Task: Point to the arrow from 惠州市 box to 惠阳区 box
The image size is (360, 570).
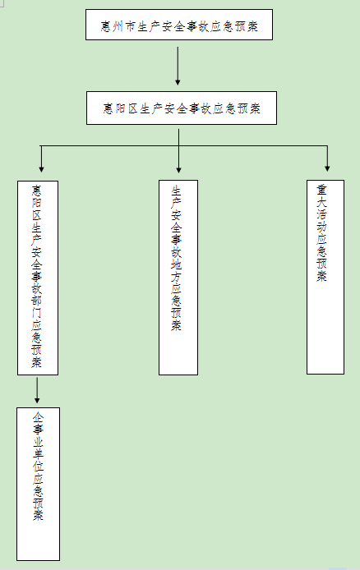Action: click(x=178, y=66)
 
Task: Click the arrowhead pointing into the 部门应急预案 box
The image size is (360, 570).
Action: click(x=41, y=169)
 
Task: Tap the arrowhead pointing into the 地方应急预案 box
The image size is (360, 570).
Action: click(x=178, y=170)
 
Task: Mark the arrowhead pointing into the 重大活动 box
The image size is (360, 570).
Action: click(x=327, y=168)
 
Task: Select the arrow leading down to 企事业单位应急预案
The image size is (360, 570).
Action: click(x=37, y=390)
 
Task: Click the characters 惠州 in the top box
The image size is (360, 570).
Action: click(x=112, y=26)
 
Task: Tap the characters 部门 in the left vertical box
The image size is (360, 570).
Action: click(x=37, y=306)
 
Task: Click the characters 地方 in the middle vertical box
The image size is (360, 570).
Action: click(x=177, y=271)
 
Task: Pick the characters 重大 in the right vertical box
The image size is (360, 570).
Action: click(x=321, y=196)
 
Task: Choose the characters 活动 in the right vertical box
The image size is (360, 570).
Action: click(x=321, y=220)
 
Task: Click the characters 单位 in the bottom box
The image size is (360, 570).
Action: click(x=38, y=460)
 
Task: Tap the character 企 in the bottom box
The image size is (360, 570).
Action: click(x=38, y=417)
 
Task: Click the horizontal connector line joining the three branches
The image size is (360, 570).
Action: click(x=184, y=146)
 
